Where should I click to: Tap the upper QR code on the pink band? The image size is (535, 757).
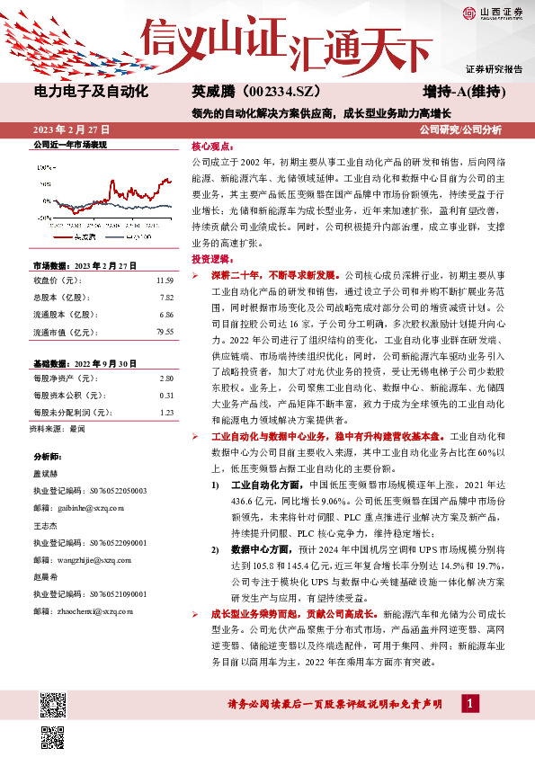pyautogui.click(x=53, y=702)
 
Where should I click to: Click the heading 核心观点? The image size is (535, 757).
pyautogui.click(x=212, y=145)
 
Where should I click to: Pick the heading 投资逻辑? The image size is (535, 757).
pyautogui.click(x=212, y=258)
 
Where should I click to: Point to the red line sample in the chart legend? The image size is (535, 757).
pyautogui.click(x=62, y=236)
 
